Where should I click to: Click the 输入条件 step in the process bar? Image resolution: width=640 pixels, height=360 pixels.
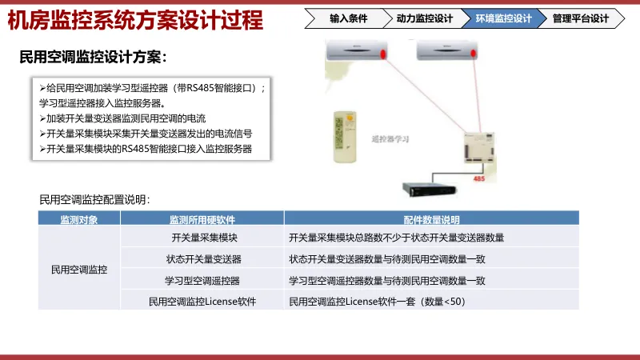click(x=348, y=18)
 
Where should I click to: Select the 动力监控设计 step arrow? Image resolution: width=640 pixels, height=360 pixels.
click(x=425, y=18)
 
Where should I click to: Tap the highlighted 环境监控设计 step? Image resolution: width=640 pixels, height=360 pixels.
click(x=504, y=18)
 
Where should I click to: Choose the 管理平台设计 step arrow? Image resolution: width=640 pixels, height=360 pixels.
click(x=581, y=18)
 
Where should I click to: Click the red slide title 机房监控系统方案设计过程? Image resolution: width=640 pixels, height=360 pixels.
click(x=135, y=21)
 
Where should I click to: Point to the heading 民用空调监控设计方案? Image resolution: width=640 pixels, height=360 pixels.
click(x=93, y=57)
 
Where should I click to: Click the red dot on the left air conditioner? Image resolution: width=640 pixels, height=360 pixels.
click(x=383, y=54)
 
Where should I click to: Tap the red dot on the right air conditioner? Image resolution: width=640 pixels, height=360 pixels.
click(x=473, y=54)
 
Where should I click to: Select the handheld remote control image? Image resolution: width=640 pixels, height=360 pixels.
click(x=345, y=137)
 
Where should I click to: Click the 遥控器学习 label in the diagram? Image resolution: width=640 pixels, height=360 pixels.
click(x=390, y=139)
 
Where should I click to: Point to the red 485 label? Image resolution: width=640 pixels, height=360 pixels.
click(x=478, y=178)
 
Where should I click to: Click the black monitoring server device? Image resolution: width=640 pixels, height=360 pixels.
click(x=429, y=190)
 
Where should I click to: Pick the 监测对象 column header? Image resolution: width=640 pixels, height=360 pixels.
click(x=79, y=218)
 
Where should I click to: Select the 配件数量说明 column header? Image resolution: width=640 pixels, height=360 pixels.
click(x=431, y=218)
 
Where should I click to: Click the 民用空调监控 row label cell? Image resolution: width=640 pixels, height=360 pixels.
click(x=79, y=270)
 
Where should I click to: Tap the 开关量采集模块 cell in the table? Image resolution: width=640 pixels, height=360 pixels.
click(x=205, y=238)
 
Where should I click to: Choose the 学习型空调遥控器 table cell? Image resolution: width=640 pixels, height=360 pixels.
click(x=202, y=281)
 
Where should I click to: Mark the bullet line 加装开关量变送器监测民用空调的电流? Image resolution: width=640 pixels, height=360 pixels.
click(x=122, y=118)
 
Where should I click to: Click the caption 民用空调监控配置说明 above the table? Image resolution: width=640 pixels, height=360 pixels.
click(x=94, y=199)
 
